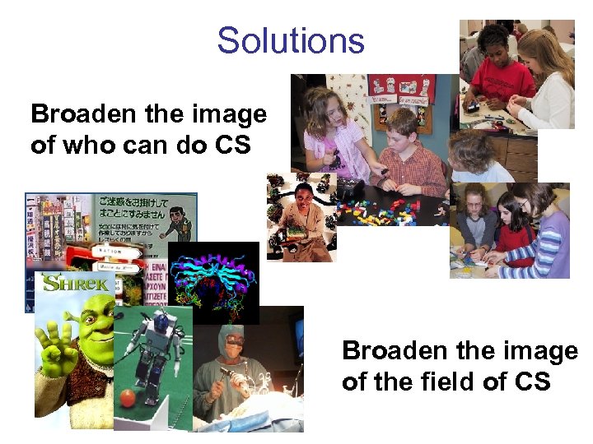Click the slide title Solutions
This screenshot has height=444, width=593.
(x=290, y=40)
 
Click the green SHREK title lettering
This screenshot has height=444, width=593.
(x=75, y=284)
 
